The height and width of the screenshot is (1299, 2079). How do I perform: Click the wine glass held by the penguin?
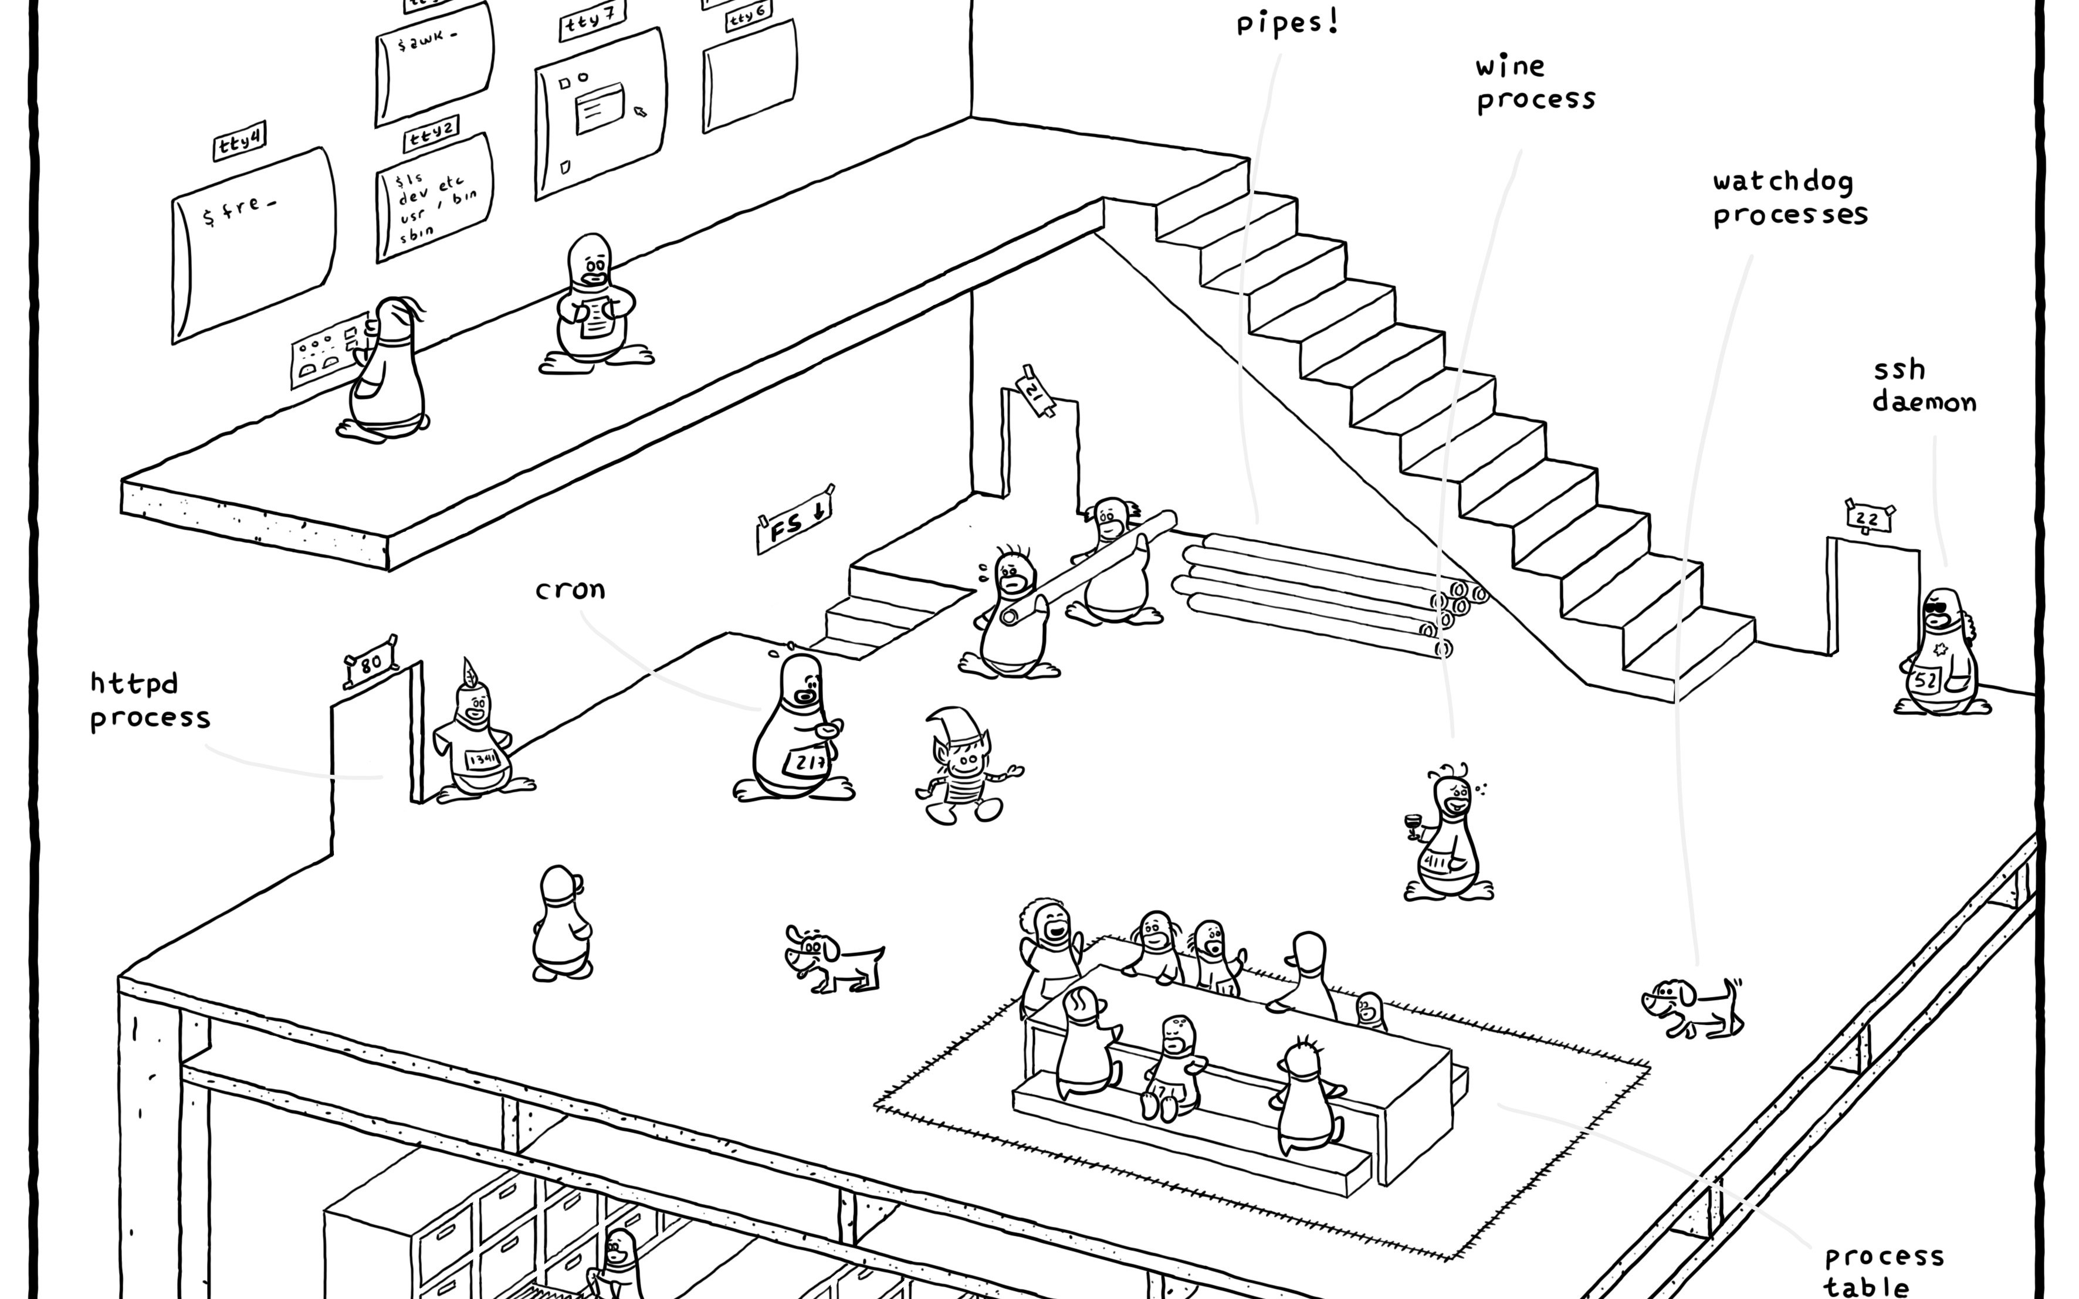(x=1413, y=825)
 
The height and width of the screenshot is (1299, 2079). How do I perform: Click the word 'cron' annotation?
(x=570, y=590)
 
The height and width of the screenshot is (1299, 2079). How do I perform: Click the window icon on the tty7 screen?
(x=600, y=108)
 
